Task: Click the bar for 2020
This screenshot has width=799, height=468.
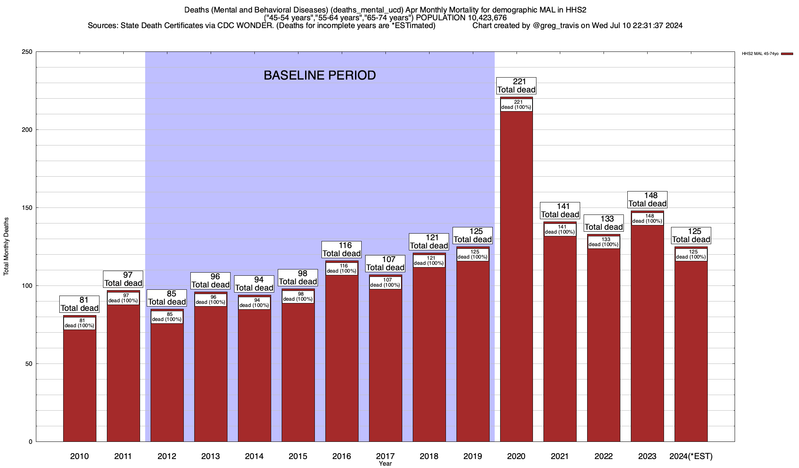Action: (516, 273)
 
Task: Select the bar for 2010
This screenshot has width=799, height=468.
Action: (80, 382)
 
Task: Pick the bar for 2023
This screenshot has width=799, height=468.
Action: (647, 331)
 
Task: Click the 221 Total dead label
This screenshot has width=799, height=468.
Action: (516, 86)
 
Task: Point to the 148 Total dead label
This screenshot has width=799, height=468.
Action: (647, 200)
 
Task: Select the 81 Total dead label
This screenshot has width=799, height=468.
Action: (80, 304)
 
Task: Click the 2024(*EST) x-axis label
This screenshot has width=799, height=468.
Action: (691, 456)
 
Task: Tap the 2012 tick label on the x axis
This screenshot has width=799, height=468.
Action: (167, 456)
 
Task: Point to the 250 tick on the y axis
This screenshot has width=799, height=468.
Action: (28, 52)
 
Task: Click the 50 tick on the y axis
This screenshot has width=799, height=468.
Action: (29, 364)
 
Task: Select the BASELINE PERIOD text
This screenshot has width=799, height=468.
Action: (320, 75)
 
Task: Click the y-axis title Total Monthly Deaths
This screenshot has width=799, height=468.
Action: (6, 246)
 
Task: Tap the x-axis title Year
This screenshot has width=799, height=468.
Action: (385, 464)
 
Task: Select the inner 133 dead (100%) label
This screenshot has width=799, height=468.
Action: (604, 242)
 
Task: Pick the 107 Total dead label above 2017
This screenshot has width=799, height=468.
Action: (385, 264)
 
